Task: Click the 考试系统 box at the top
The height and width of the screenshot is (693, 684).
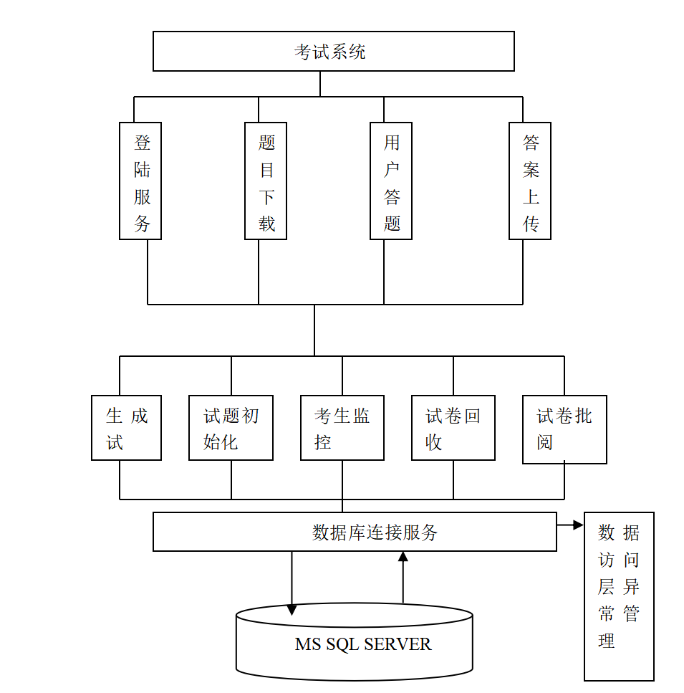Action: click(333, 51)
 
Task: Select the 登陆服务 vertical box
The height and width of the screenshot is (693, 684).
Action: click(140, 181)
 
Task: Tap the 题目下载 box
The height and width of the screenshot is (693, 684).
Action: click(266, 181)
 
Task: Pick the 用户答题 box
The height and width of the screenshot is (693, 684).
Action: click(391, 181)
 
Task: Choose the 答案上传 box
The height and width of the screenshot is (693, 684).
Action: click(530, 181)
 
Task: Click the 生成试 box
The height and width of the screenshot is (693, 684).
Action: click(126, 428)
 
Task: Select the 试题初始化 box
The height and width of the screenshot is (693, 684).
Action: click(231, 428)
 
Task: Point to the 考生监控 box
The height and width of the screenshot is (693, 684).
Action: click(342, 428)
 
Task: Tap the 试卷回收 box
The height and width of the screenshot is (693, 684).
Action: click(453, 428)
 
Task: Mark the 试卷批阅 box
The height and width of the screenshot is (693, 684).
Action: click(564, 429)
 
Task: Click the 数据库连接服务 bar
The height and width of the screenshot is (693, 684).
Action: click(355, 532)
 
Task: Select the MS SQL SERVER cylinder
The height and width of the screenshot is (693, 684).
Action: click(355, 643)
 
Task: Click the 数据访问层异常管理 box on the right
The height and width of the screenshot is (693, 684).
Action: click(619, 596)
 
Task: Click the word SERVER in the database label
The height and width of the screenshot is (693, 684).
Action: click(398, 644)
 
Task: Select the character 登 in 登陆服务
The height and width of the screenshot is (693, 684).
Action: click(142, 143)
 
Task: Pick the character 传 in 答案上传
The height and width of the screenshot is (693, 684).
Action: click(531, 224)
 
